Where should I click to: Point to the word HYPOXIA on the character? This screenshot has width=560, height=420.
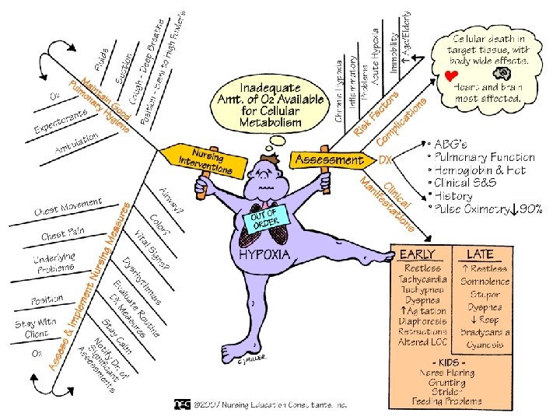264,254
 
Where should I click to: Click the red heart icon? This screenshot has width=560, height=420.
450,76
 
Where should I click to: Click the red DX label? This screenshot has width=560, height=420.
386,160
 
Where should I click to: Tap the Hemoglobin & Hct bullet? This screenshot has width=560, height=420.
479,170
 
